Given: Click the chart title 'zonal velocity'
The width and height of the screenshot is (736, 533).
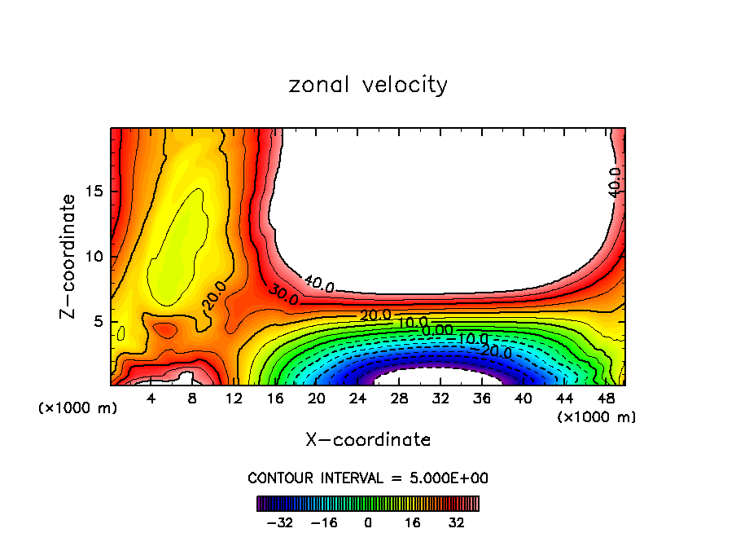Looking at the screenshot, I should [x=368, y=85].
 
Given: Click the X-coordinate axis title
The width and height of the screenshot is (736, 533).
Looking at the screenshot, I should [x=368, y=439].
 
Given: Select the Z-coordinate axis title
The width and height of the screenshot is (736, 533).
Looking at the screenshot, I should [x=69, y=256].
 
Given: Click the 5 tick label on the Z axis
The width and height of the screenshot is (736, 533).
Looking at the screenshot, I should [x=98, y=321].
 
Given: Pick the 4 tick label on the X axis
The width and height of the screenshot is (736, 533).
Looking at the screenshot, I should [x=151, y=399].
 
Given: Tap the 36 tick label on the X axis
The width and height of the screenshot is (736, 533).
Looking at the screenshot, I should [x=482, y=399].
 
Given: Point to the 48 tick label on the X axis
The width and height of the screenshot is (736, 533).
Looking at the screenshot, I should [x=605, y=399].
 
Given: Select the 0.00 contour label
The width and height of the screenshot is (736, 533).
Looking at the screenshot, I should [x=437, y=330].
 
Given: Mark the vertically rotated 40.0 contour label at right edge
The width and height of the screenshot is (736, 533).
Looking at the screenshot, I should [x=615, y=182].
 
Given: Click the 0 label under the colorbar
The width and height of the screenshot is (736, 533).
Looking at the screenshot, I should [x=368, y=522].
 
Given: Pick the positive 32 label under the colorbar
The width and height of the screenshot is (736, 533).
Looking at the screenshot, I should [x=457, y=522].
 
